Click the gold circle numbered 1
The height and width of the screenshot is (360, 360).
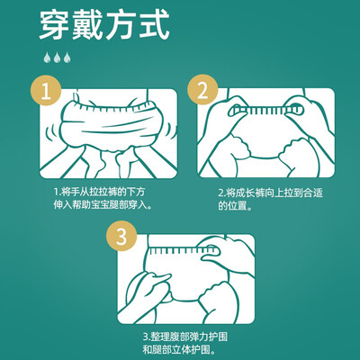(x=46, y=90)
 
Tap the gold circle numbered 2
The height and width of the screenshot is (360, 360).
(x=202, y=89)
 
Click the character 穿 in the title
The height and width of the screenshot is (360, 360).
(x=55, y=25)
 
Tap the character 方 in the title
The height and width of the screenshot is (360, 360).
(x=121, y=25)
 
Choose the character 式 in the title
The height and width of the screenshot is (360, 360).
(x=153, y=25)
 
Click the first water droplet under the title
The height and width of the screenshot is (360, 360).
(x=47, y=58)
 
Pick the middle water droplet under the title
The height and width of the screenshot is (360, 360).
(x=57, y=58)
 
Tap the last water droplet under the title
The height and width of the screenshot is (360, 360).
(x=67, y=58)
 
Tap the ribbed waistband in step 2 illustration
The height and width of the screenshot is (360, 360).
(x=265, y=111)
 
